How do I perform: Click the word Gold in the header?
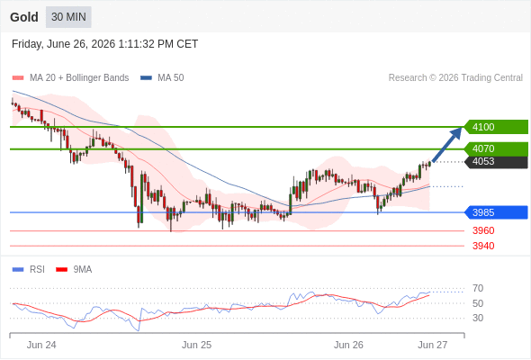(x=24, y=17)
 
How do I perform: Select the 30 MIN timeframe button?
(x=68, y=17)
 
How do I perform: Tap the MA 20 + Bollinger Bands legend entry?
(x=70, y=78)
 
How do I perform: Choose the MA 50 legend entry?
(x=162, y=78)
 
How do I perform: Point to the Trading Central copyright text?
(x=455, y=78)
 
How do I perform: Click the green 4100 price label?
(x=496, y=127)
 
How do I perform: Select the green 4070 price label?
(x=496, y=148)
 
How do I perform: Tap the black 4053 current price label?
(x=496, y=161)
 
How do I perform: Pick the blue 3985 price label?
(x=496, y=212)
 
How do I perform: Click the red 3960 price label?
(x=483, y=230)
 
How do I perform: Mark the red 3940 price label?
(x=483, y=246)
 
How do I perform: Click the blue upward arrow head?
(x=457, y=132)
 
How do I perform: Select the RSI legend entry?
(x=29, y=270)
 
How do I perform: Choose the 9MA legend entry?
(x=74, y=270)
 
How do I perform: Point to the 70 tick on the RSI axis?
(x=478, y=289)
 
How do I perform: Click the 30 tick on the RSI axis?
(x=478, y=318)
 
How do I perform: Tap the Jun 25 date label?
(x=196, y=345)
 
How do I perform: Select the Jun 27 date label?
(x=433, y=345)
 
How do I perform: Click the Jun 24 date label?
(x=41, y=345)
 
